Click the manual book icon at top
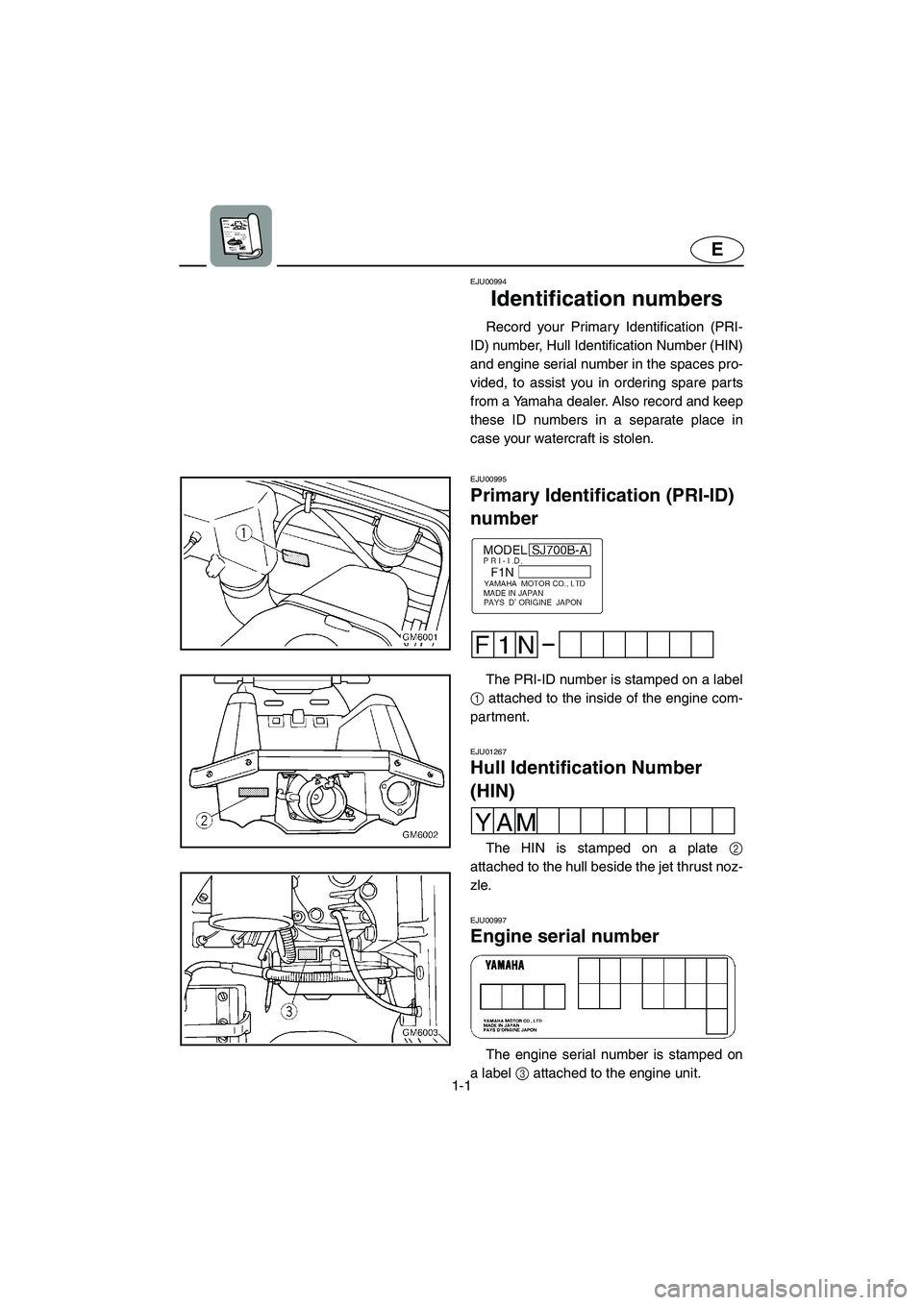pos(241,236)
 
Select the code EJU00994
pos(488,282)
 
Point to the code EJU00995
pos(488,478)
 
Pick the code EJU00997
pos(488,920)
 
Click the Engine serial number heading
pos(564,936)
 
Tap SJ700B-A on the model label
pos(560,549)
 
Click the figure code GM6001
pos(420,636)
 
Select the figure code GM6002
pos(420,835)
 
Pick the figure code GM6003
pos(420,1033)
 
